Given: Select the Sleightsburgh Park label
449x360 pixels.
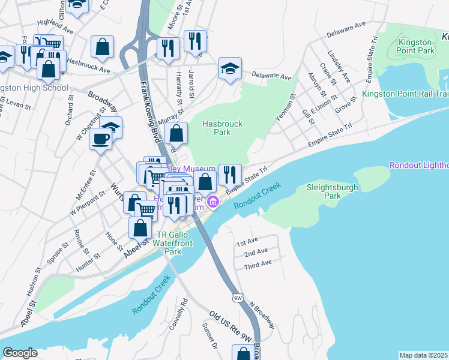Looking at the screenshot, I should [332, 191].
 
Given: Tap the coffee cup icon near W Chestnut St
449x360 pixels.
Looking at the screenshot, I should [100, 140].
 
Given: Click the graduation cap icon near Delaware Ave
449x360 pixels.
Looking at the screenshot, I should [230, 69].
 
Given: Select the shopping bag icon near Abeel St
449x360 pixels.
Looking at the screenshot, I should [140, 228].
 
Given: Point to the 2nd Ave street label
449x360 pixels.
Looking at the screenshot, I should [256, 253].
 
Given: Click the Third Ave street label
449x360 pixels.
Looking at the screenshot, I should [258, 263].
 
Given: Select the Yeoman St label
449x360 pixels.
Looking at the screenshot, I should [285, 107].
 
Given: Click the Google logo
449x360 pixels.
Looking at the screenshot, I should [20, 353].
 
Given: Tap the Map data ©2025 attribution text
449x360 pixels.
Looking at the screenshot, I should [424, 355].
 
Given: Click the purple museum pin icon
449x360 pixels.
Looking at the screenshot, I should [213, 203].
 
